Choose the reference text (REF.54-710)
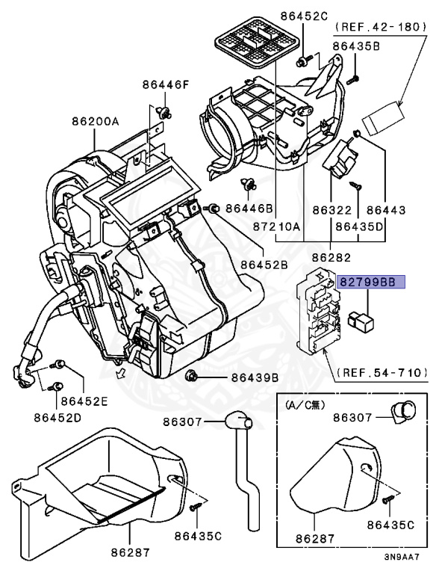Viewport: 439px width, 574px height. [383, 371]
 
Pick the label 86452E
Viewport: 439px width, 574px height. [84, 401]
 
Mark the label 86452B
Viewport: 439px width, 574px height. [264, 265]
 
